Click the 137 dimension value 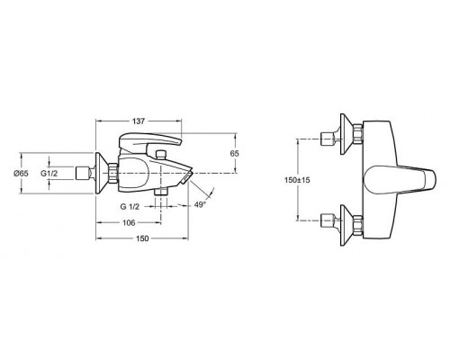139,121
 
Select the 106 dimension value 129,222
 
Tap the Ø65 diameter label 21,173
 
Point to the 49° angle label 200,204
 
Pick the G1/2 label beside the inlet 49,173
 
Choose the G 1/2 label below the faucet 130,206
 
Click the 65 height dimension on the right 234,153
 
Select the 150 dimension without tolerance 142,238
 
